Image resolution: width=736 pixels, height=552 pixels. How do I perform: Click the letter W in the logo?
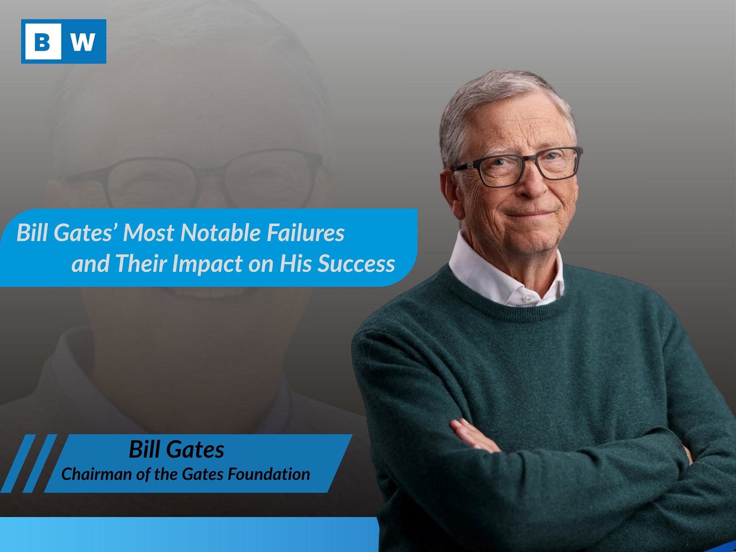[x=83, y=41]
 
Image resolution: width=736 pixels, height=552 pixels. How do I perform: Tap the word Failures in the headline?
[x=305, y=232]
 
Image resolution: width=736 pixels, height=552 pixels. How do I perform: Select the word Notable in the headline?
[x=221, y=232]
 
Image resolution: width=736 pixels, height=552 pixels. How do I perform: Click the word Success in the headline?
[x=356, y=264]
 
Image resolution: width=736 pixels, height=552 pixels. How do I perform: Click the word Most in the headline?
[x=149, y=232]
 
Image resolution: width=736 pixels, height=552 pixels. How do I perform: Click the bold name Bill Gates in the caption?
[x=177, y=449]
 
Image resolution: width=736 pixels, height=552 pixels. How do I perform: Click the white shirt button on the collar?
[x=528, y=297]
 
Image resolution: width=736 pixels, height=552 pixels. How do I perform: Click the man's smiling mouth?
[x=529, y=214]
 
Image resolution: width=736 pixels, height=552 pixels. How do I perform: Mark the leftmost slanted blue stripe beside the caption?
[x=18, y=464]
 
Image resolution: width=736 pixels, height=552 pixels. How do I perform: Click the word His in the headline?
[x=296, y=264]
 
